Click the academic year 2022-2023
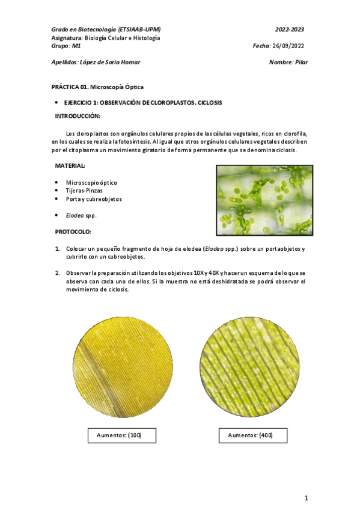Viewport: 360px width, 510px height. [x=290, y=29]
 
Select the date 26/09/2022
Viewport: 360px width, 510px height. [x=290, y=46]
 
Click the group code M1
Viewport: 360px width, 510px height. [x=76, y=46]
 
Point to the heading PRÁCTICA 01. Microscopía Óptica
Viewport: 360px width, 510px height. [x=97, y=87]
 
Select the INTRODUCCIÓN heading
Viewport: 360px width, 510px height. [x=78, y=115]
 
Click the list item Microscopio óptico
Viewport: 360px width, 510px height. [x=91, y=182]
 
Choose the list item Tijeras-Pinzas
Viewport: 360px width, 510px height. [x=84, y=191]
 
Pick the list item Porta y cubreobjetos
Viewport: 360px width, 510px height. [x=94, y=199]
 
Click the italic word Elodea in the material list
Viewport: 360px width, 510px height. [x=74, y=215]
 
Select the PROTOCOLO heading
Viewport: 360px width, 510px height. [x=73, y=232]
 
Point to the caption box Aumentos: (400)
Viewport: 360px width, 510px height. [x=249, y=435]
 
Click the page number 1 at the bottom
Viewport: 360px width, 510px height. [x=306, y=497]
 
